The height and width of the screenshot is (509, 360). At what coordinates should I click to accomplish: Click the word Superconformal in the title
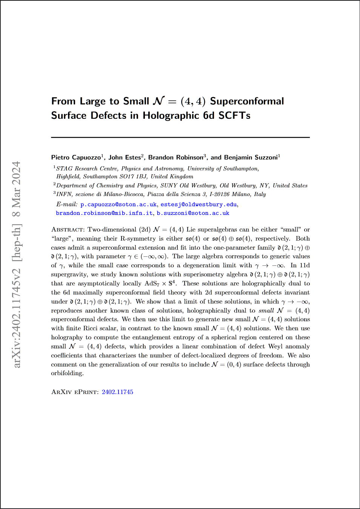tap(247, 101)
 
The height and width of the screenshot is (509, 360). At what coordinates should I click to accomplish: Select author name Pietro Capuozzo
tap(76, 158)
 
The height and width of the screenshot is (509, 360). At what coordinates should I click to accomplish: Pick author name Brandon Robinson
tap(175, 158)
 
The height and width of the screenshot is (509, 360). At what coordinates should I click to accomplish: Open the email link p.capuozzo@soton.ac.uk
tap(118, 204)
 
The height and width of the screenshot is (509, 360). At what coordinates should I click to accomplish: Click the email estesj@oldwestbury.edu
tap(198, 204)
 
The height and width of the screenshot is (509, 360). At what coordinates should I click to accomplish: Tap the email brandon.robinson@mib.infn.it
tap(104, 213)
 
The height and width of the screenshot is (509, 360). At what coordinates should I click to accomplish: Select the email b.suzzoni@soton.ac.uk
tap(193, 213)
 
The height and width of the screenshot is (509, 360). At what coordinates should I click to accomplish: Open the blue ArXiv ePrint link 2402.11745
tap(117, 392)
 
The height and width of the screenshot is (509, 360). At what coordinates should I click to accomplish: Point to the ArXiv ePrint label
tap(75, 392)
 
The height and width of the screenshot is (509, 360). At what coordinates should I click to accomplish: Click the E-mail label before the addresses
tap(67, 204)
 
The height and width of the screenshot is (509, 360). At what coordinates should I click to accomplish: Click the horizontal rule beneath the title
tap(180, 137)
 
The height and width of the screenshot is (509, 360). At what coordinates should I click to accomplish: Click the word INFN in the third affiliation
tap(64, 194)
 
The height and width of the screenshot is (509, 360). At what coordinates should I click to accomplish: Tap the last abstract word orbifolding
tap(67, 373)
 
